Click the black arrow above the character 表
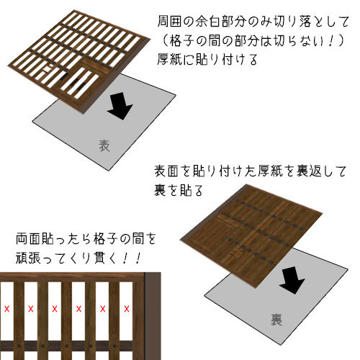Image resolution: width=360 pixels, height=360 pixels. coord(120,107)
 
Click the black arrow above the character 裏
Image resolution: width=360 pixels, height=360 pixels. coord(292,280)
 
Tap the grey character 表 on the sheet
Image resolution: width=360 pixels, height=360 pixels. coord(104,145)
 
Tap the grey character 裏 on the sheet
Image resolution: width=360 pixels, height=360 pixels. coord(276,319)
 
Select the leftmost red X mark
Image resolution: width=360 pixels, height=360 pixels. coord(6,309)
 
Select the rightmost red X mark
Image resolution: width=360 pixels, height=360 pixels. coord(127,309)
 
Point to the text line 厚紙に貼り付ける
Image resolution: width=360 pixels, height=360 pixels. coord(207,59)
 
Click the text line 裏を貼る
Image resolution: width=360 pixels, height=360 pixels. coord(179,190)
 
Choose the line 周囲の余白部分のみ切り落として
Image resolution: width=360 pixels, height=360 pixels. coord(253,22)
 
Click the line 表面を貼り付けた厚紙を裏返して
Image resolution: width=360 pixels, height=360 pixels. coord(250,171)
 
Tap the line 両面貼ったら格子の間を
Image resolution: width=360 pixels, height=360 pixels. coord(86,239)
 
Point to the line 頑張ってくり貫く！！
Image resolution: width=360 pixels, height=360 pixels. coord(78,258)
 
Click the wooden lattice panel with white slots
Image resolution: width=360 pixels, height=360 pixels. coord(79,61)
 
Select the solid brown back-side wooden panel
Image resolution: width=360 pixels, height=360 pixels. coord(251,236)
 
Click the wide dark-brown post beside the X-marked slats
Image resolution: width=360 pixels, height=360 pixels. coord(153,316)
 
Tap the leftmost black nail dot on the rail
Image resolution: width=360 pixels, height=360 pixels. coord(19,346)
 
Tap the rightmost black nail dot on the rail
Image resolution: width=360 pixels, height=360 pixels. coord(114,346)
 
